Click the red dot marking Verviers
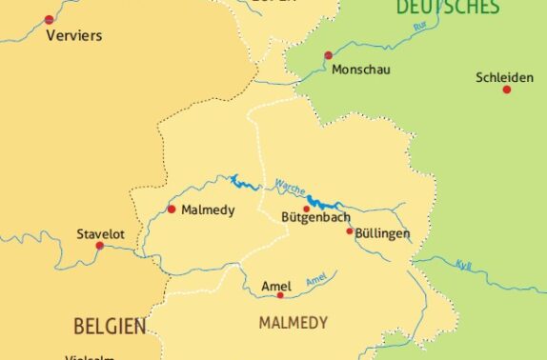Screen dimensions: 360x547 click(50, 19)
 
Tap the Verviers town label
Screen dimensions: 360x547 click(73, 36)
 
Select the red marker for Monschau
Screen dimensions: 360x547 click(328, 55)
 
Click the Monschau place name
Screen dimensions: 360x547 click(361, 70)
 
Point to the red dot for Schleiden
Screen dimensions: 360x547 click(507, 90)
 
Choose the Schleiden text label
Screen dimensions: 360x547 click(505, 77)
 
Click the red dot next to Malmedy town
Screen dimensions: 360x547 click(172, 209)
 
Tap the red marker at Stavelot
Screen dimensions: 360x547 click(99, 246)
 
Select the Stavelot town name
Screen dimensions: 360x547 click(100, 232)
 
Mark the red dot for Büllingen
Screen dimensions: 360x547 click(350, 230)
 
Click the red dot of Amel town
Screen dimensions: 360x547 click(280, 295)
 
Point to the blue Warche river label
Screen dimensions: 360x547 click(290, 187)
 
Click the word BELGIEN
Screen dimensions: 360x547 click(110, 328)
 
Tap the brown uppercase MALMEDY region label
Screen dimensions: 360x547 click(294, 323)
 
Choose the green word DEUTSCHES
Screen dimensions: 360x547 click(447, 8)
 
